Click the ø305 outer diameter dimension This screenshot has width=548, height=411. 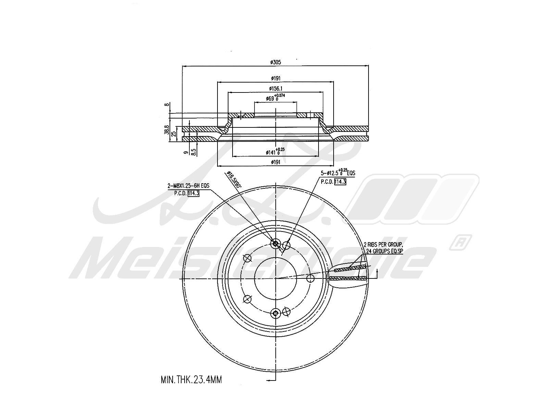[x=275, y=62]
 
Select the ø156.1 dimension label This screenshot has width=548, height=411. [x=275, y=88]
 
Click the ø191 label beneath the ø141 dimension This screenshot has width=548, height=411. [x=275, y=162]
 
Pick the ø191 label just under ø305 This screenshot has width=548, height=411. [x=275, y=78]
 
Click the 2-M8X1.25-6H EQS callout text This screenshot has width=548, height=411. [x=188, y=186]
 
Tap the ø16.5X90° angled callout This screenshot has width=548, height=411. [x=234, y=179]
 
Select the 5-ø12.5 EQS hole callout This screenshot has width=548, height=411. [x=338, y=173]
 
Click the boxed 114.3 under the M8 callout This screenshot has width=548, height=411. [x=193, y=193]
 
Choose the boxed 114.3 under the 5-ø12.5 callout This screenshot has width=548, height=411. [x=340, y=182]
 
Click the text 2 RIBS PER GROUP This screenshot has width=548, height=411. [x=383, y=245]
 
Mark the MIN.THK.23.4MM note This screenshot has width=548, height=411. [x=191, y=379]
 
